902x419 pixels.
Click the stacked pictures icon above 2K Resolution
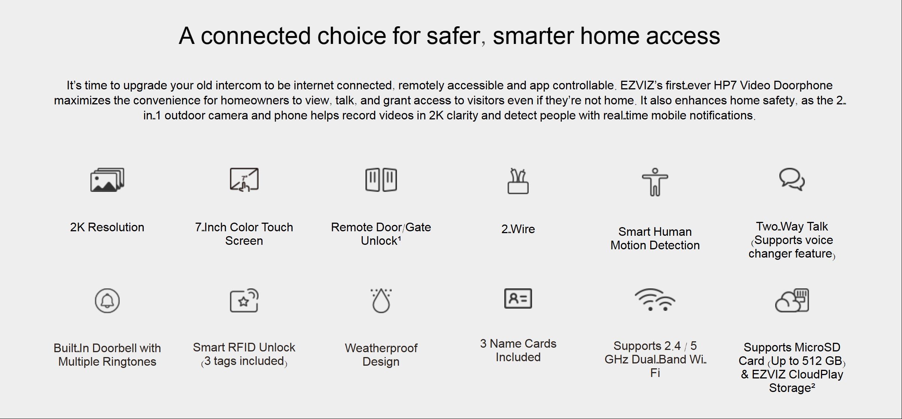(107, 180)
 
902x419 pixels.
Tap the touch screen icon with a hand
(244, 179)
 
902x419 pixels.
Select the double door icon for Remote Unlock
(381, 180)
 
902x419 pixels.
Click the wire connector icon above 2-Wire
(518, 181)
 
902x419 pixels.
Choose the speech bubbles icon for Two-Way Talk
(792, 179)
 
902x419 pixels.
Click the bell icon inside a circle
(107, 301)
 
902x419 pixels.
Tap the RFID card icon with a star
(244, 300)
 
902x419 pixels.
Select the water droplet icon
(381, 301)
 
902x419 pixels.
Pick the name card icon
(518, 298)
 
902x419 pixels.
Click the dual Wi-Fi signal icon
(655, 300)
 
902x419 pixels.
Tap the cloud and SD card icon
(792, 300)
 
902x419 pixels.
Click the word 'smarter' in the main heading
(533, 36)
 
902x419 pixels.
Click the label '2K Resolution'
(107, 227)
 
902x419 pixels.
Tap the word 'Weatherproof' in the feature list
(381, 348)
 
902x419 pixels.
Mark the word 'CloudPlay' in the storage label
(816, 374)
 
